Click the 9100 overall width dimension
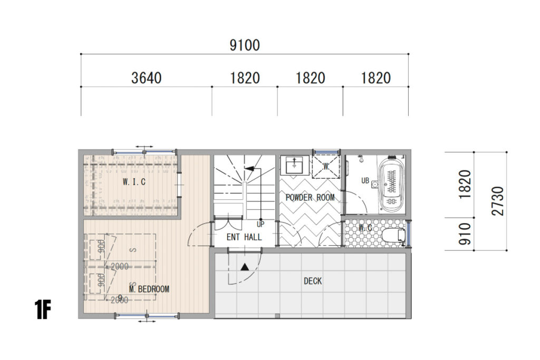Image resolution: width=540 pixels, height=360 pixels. [x=245, y=45]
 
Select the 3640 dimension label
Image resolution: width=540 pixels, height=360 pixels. [x=146, y=79]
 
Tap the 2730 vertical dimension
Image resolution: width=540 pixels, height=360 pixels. [x=498, y=201]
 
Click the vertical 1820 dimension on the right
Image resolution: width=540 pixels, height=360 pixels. [x=465, y=184]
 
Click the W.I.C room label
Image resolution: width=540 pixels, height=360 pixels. [x=134, y=182]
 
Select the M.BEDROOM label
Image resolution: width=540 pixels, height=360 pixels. [x=149, y=289]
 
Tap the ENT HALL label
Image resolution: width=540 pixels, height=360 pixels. [x=244, y=237]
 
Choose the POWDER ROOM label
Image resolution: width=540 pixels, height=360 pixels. [x=310, y=198]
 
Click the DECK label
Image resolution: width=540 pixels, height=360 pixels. [x=313, y=281]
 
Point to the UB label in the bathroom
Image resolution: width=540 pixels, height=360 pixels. [x=365, y=180]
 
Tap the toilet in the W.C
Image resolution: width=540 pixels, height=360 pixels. [x=392, y=235]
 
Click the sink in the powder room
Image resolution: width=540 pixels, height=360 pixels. [x=294, y=166]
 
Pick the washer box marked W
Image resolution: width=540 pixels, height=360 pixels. [x=326, y=166]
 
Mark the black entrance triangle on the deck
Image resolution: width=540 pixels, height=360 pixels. [x=244, y=267]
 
